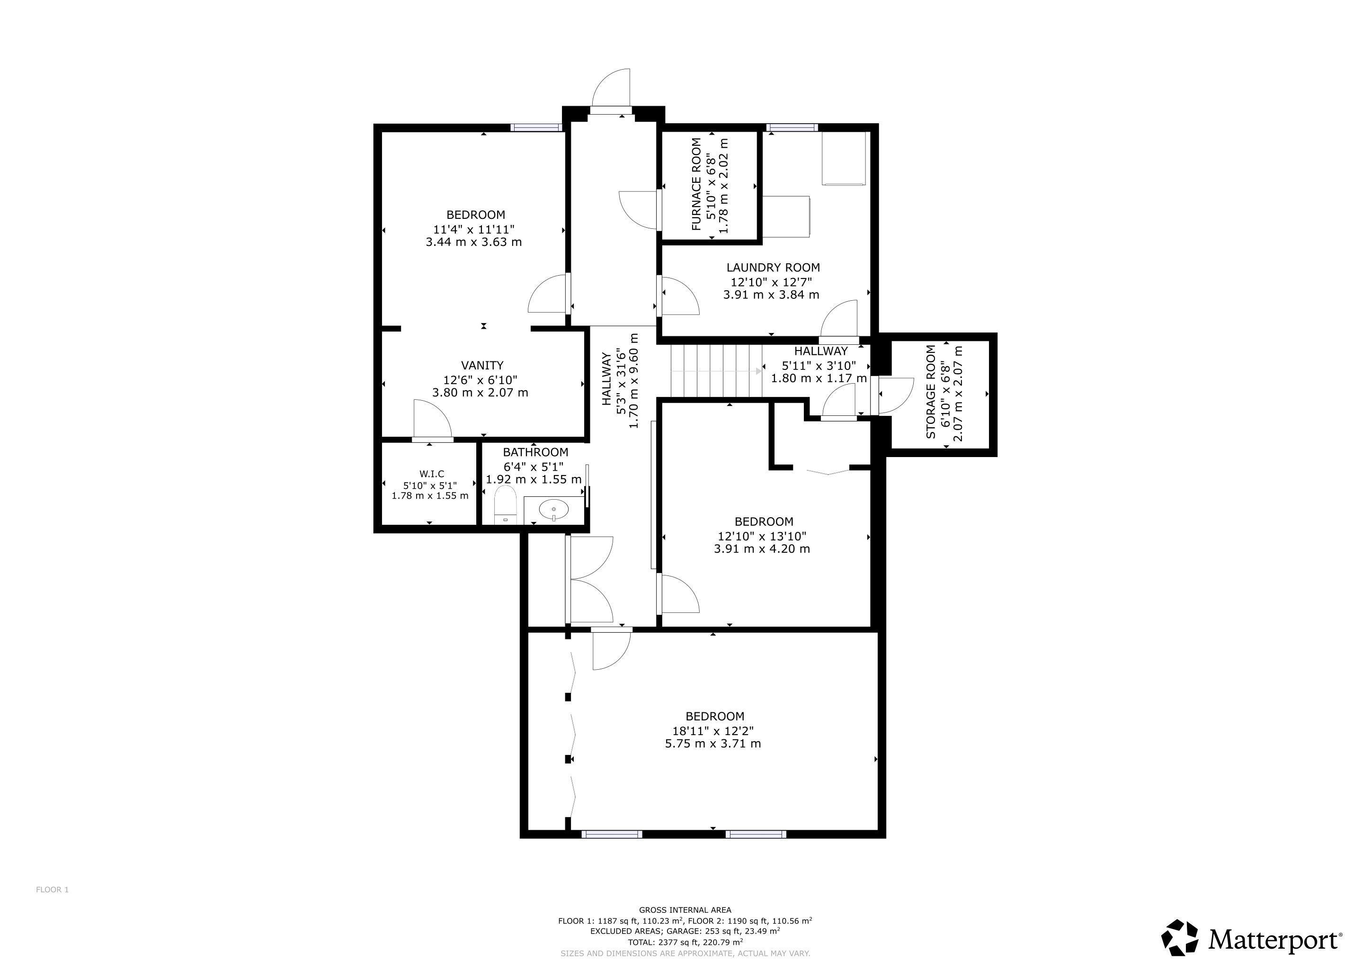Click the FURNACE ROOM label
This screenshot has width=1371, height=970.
pos(696,185)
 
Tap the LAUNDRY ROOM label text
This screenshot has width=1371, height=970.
pos(773,268)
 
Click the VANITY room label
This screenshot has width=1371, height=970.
pos(482,365)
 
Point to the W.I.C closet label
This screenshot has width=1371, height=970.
pos(432,474)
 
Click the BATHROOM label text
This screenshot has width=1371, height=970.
pos(535,452)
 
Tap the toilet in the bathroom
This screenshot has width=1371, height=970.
pos(505,505)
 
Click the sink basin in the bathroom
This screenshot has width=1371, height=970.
pos(554,510)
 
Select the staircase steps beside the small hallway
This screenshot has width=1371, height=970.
pos(717,370)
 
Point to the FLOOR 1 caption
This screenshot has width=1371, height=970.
pos(53,889)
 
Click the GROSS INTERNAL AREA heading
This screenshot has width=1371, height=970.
pos(685,910)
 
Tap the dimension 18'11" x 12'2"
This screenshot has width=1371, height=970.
pos(713,730)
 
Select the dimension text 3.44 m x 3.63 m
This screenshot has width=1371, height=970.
pos(473,242)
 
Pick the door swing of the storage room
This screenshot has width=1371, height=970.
pos(895,395)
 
